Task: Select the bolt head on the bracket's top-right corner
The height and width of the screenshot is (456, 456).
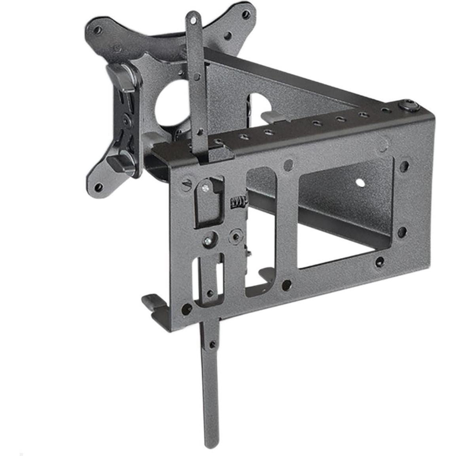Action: [x=410, y=106]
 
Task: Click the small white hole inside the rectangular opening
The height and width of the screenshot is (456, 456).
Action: [x=360, y=183]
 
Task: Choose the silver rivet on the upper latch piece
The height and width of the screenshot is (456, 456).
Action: [x=204, y=187]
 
